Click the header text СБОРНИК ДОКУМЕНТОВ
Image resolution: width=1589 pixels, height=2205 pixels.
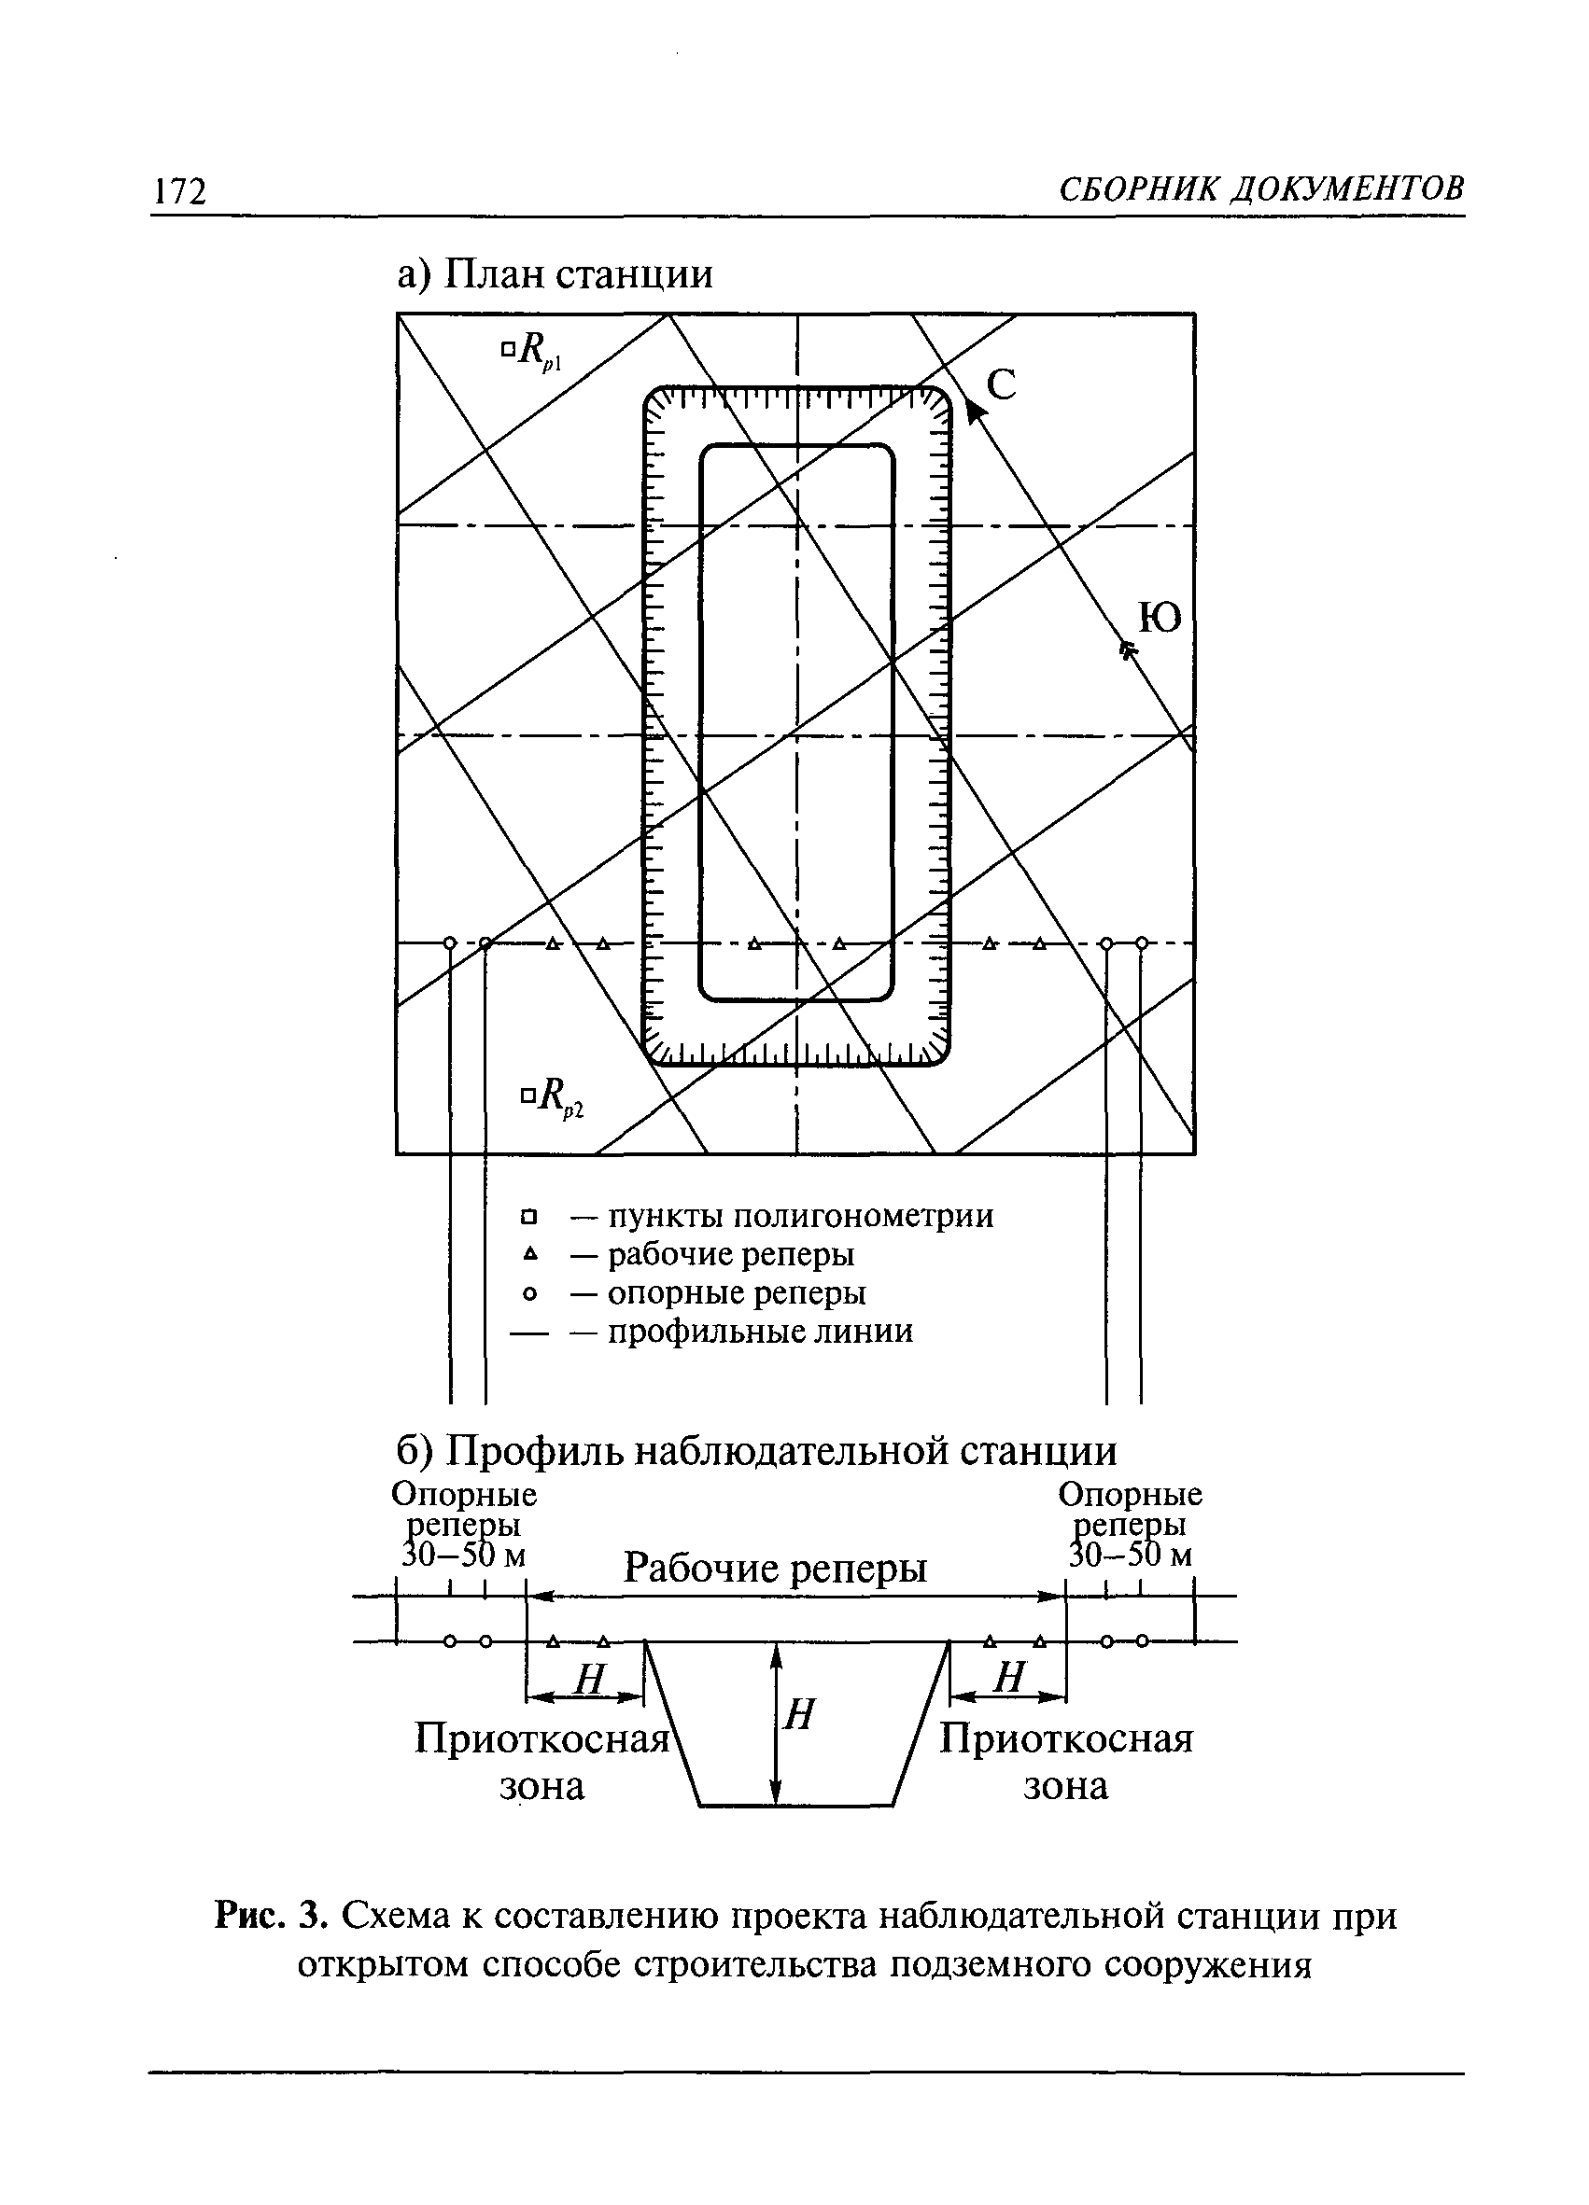click(1260, 188)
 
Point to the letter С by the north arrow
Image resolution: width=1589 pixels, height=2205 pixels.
click(1002, 385)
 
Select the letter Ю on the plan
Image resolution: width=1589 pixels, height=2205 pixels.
click(1160, 617)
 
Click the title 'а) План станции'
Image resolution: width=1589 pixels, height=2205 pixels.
click(555, 274)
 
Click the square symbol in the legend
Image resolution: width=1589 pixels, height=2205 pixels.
click(529, 1216)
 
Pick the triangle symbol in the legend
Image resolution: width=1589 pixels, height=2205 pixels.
click(529, 1255)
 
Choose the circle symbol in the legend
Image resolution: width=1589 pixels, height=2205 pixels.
click(529, 1294)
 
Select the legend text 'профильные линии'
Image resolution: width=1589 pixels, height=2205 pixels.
click(760, 1331)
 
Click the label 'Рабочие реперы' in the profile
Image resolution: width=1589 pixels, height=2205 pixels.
click(775, 1568)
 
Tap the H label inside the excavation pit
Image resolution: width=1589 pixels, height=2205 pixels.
click(798, 1715)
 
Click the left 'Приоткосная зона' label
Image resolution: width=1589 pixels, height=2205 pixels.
click(541, 1761)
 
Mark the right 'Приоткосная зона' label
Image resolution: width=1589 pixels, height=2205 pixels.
click(1066, 1761)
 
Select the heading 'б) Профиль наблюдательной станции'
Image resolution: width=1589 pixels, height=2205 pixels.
click(756, 1452)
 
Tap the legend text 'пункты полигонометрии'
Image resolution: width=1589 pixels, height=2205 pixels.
click(800, 1216)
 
